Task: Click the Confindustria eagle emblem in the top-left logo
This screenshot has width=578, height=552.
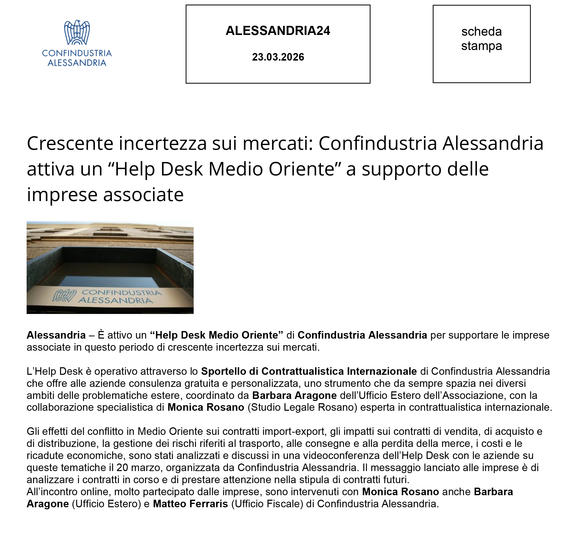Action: tap(77, 32)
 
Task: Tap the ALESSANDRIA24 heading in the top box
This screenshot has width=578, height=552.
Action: tap(278, 31)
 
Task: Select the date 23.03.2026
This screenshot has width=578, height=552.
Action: tap(278, 57)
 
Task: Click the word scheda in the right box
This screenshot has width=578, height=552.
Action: tap(481, 32)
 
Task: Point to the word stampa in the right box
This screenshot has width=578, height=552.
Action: tap(481, 46)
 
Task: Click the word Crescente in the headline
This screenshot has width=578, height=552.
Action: tap(70, 144)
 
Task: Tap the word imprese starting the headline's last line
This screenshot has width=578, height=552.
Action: tap(62, 195)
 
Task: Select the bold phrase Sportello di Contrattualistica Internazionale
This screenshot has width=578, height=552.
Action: tap(309, 371)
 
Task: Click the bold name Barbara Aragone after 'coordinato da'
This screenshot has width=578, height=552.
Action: tap(294, 395)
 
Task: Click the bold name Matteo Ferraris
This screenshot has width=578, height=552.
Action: tap(190, 504)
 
